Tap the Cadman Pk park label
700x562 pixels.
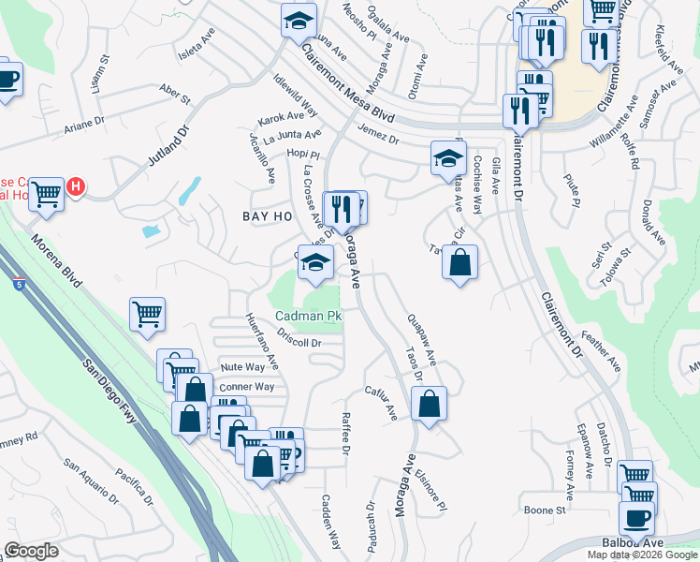[x=308, y=317]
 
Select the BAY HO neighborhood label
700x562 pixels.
[x=268, y=216]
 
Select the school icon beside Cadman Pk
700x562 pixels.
[x=316, y=264]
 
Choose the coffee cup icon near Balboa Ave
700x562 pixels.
[x=636, y=518]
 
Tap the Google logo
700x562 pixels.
[x=31, y=551]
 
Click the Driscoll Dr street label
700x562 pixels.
[x=299, y=343]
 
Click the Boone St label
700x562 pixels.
[x=545, y=510]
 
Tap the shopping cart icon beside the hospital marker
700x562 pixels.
[x=45, y=195]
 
